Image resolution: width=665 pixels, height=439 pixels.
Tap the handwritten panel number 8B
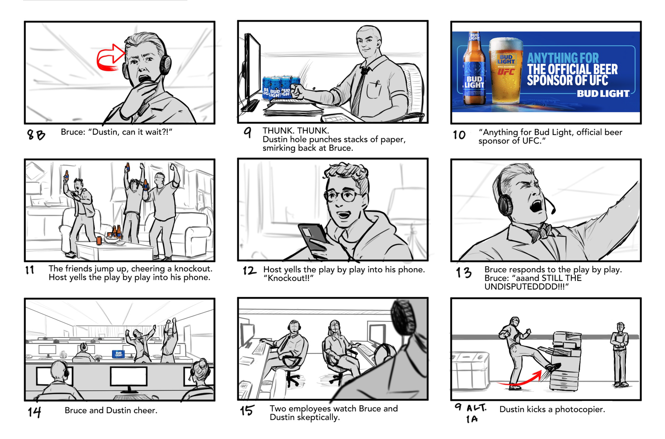pyautogui.click(x=36, y=135)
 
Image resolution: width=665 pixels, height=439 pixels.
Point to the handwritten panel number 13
pyautogui.click(x=463, y=272)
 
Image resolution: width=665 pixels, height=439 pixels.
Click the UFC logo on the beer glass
pyautogui.click(x=506, y=72)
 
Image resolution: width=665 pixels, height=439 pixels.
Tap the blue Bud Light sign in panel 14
pyautogui.click(x=118, y=354)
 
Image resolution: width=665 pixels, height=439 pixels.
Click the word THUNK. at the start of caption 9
pyautogui.click(x=278, y=131)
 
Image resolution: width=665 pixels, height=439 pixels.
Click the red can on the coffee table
pyautogui.click(x=99, y=241)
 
